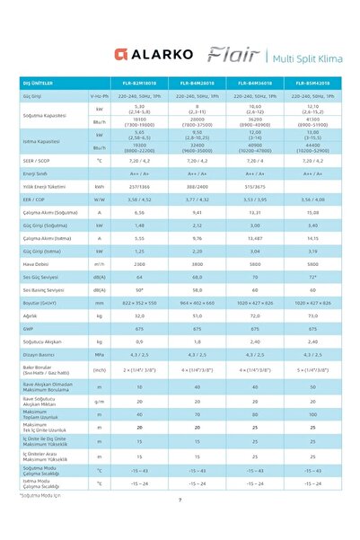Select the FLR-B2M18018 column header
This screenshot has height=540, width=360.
[x=139, y=84]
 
